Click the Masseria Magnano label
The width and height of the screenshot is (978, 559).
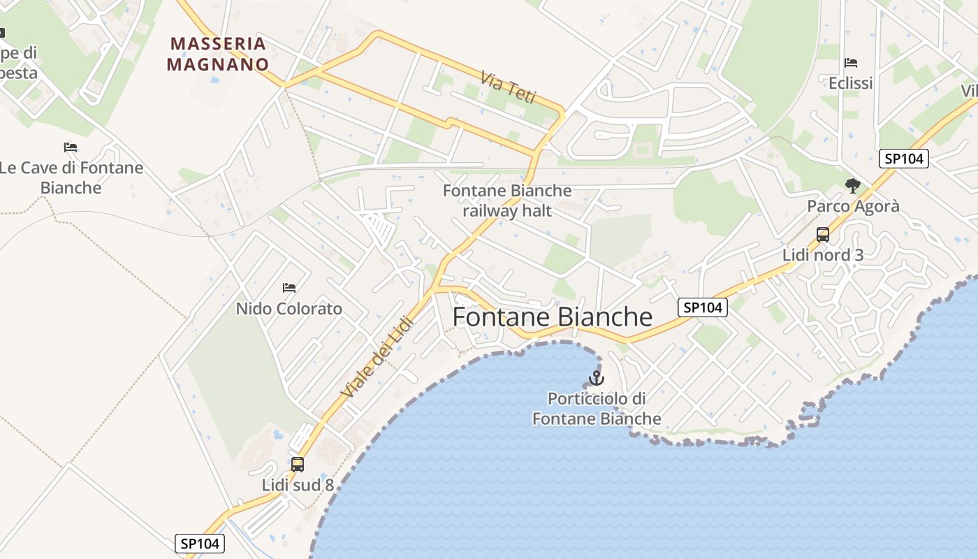tap(219, 54)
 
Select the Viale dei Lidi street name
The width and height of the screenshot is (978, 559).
tap(378, 355)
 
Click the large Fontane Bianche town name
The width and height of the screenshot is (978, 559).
tap(553, 317)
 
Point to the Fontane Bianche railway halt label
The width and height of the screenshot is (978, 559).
tap(507, 201)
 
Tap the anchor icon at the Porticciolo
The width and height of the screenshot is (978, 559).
tap(596, 379)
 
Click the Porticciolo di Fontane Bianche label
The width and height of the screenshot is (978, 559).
tap(597, 409)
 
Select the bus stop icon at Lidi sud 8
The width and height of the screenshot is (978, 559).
tap(298, 464)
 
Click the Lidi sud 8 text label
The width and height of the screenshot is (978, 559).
tap(298, 485)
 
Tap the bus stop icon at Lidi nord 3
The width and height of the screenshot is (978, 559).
tap(823, 235)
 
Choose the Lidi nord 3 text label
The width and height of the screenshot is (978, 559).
tap(823, 255)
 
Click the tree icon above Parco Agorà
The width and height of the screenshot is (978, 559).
tap(852, 186)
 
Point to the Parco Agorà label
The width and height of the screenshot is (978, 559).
tap(853, 207)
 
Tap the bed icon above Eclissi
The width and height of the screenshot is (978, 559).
tap(851, 63)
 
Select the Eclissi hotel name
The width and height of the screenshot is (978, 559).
tap(851, 84)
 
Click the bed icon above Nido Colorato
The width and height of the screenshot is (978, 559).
tap(289, 288)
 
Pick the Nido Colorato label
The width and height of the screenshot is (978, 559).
tap(289, 309)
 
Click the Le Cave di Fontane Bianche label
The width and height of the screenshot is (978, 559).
tap(71, 177)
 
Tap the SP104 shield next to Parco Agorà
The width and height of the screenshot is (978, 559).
tap(904, 159)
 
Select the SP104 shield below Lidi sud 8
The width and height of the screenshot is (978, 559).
tap(199, 544)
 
